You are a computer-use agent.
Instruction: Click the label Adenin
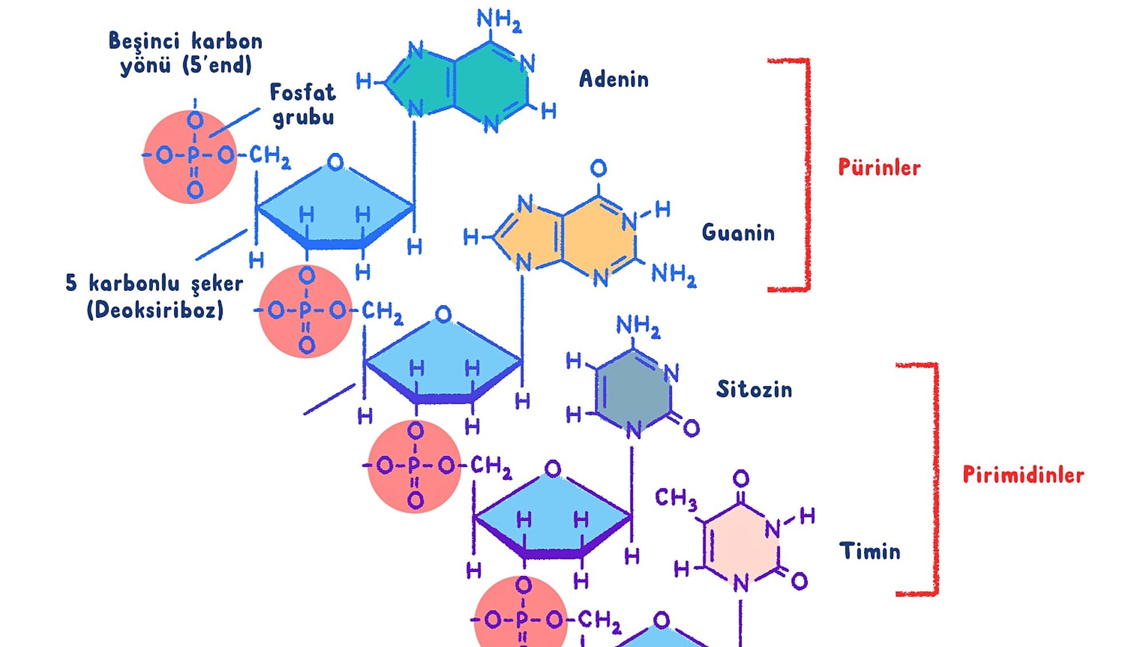pos(613,79)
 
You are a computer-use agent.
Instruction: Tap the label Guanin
pos(738,232)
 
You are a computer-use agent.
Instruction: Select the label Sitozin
pos(754,389)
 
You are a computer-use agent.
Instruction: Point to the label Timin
pos(869,551)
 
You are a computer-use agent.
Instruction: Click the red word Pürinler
pos(879,167)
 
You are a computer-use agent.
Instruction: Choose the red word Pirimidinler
pos(1023,475)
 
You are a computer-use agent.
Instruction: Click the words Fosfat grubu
pos(303,105)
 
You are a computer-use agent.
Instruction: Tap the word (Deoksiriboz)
pos(155,310)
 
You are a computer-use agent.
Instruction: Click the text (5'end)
pos(217,65)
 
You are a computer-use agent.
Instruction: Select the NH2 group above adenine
pos(499,20)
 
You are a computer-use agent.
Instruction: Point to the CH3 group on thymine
pos(676,498)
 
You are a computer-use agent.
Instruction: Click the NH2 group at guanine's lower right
pos(673,274)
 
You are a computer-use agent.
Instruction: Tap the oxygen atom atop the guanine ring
pos(598,168)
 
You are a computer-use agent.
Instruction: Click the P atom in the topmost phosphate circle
pos(194,155)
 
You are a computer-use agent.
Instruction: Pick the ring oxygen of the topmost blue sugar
pos(335,162)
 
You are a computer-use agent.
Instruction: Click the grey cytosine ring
pos(633,391)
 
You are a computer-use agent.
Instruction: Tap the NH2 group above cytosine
pos(638,326)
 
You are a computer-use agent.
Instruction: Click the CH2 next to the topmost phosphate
pos(269,156)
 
